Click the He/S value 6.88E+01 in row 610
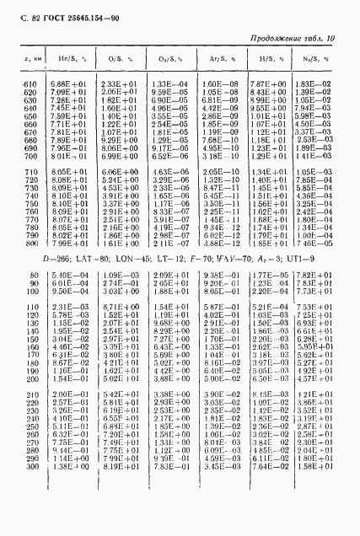(67, 84)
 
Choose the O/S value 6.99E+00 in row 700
(117, 156)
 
